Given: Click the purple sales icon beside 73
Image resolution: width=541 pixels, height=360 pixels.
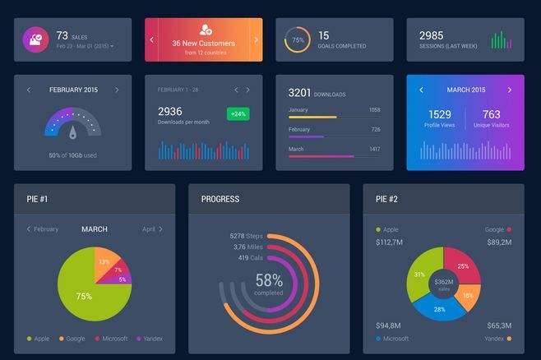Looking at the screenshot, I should coord(36,39).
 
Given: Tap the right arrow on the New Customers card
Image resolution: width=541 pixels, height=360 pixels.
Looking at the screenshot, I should coord(256,39).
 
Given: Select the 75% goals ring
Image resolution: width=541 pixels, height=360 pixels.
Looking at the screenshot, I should coord(297,39).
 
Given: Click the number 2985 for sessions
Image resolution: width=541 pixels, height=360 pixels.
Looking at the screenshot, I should coord(432,35).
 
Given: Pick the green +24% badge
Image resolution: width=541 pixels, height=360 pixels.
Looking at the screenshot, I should coord(238,113).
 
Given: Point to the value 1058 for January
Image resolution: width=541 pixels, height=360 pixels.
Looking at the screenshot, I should coord(374,109).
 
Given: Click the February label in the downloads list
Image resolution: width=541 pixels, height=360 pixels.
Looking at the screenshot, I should coord(299,129).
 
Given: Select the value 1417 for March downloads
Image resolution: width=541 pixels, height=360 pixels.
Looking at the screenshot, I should coord(374,149).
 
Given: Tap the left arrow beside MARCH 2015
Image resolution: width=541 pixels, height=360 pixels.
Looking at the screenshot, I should coord(422,90).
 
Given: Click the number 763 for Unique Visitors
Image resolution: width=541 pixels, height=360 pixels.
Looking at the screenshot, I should coord(492,114).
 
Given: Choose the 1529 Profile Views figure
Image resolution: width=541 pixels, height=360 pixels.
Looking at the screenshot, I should coord(440,114).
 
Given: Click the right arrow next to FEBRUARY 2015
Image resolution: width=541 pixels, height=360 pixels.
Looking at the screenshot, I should coord(117,90).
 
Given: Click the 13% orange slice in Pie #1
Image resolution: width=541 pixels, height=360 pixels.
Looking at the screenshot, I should coord(105,261).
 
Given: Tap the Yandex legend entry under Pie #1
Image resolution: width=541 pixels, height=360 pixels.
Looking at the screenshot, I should coord(149,338).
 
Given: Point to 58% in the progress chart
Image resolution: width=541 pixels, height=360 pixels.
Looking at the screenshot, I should coord(269,281).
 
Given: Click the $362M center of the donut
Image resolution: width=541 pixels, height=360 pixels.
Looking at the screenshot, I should coord(445,284).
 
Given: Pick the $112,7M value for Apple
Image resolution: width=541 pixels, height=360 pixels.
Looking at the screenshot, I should coord(390,242).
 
